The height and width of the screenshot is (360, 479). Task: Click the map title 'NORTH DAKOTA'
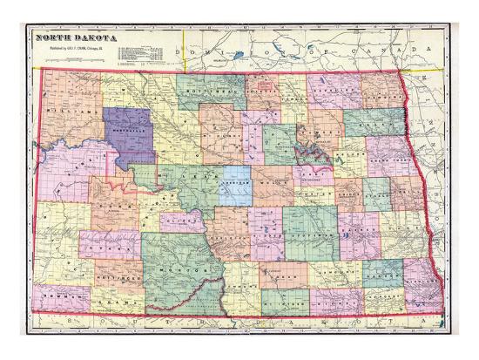pyautogui.click(x=68, y=37)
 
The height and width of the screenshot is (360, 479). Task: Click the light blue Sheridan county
pyautogui.click(x=234, y=186)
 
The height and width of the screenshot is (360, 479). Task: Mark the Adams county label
pyautogui.click(x=114, y=301)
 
